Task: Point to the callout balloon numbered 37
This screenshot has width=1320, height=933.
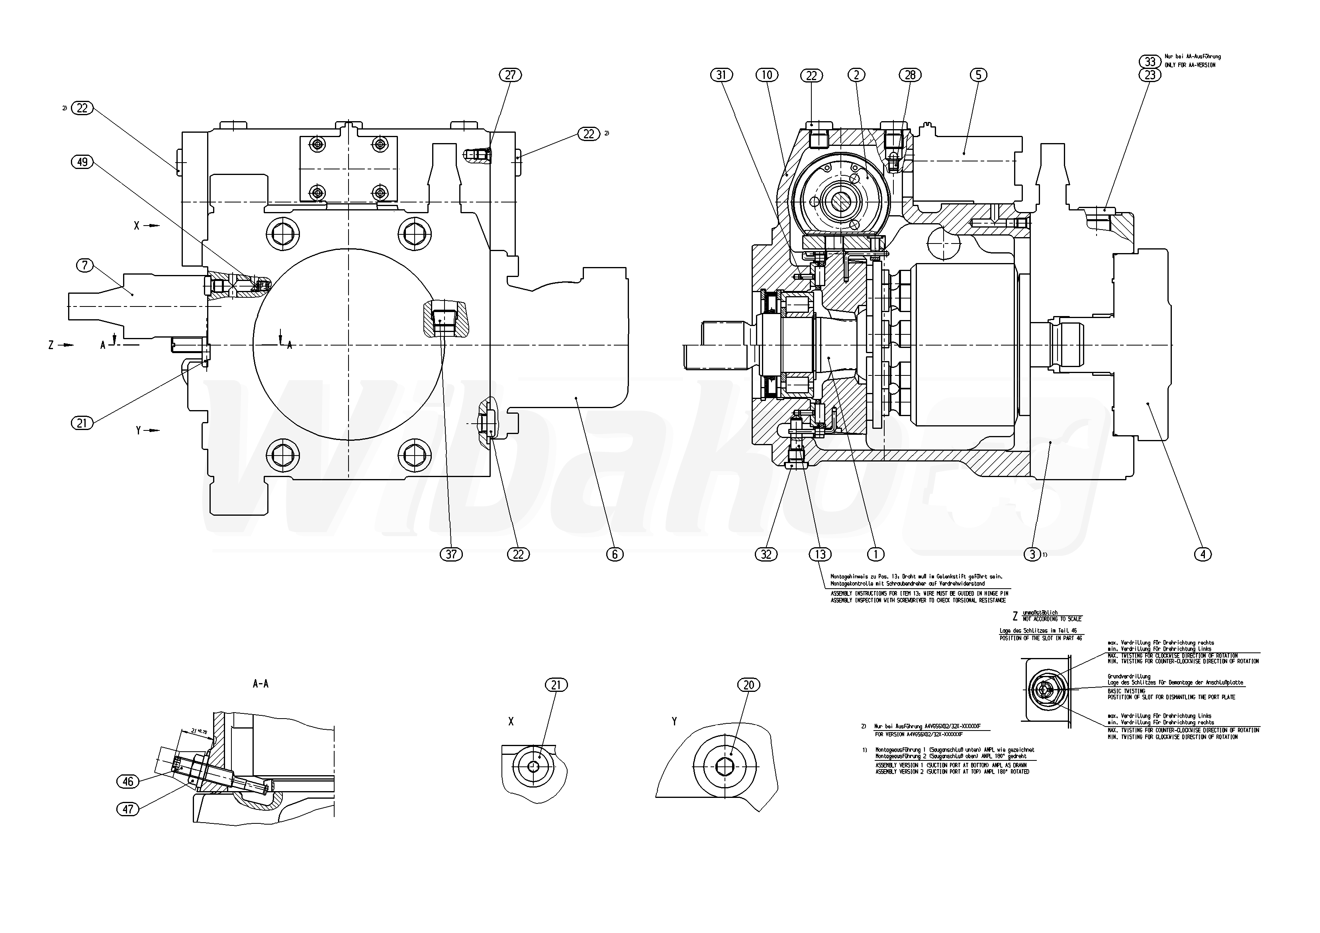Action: (451, 554)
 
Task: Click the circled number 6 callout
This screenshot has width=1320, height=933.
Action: (615, 554)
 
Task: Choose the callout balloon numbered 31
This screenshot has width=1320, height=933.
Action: (722, 75)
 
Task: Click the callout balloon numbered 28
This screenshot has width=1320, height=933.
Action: (910, 75)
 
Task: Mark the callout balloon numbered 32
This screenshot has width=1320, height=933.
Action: (766, 554)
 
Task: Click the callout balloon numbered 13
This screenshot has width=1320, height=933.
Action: (820, 554)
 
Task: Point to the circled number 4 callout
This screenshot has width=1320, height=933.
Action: (1203, 554)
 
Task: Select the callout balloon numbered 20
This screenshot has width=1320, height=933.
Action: (748, 685)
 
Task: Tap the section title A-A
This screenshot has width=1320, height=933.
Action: (260, 684)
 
